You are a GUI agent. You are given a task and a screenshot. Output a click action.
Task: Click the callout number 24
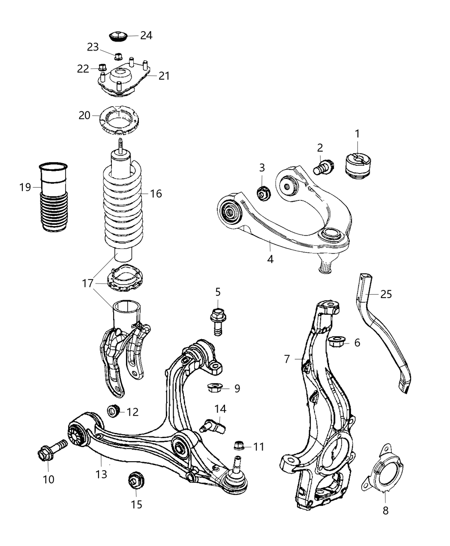pos(146,35)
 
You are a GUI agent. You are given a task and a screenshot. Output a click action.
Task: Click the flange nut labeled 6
pos(335,342)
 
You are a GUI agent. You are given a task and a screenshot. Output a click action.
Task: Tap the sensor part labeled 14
pos(214,425)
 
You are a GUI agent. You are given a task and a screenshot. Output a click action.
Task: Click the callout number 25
pos(386,294)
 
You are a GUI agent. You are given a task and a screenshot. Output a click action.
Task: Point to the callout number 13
pos(101,474)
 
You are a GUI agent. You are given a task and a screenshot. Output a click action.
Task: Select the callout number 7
pos(287,358)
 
